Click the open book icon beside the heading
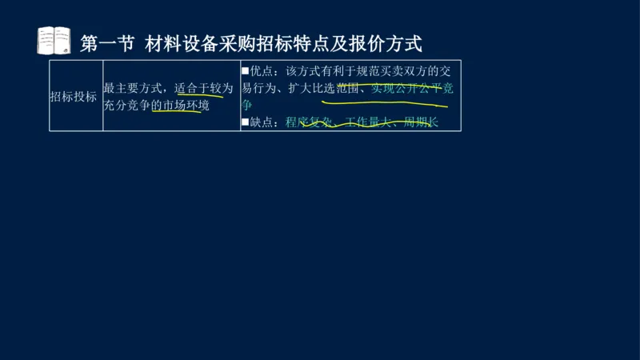[54, 41]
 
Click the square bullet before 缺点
[246, 122]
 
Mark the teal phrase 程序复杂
[308, 122]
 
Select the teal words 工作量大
[368, 122]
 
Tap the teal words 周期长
[421, 122]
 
